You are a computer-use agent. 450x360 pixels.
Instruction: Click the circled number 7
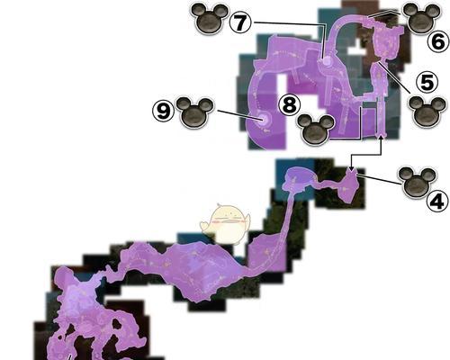point(240,22)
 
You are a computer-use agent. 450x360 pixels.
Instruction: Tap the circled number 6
point(438,42)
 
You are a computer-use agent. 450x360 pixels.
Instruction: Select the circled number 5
point(427,82)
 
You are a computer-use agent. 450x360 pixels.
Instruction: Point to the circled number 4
point(437,201)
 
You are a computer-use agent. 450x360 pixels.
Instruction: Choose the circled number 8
point(290,104)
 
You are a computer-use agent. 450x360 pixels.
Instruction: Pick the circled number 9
point(164,111)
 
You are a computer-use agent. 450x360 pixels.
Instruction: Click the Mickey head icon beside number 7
point(210,19)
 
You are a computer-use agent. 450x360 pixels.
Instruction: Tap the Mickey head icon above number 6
point(420,18)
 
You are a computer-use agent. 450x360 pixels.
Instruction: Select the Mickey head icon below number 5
point(427,111)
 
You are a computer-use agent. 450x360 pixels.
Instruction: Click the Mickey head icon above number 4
point(416,182)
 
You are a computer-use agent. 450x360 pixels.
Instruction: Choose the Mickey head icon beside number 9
point(194,112)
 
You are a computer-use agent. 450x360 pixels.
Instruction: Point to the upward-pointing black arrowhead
point(381,138)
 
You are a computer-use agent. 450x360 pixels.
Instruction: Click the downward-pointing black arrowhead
point(351,169)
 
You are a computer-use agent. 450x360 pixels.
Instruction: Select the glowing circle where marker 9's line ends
point(263,120)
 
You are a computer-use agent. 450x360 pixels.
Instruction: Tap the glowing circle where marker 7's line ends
point(327,61)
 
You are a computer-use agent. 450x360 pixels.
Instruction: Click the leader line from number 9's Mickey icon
point(237,115)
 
